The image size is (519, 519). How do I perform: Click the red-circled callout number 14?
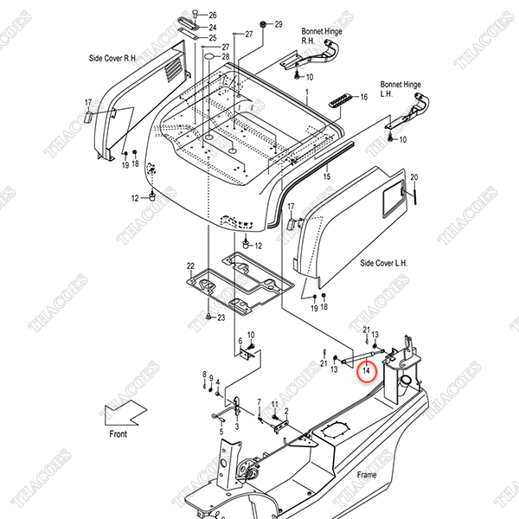366,371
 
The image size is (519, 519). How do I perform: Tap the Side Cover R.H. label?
112,58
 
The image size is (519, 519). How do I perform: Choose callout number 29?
279,24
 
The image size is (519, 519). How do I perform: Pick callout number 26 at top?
213,16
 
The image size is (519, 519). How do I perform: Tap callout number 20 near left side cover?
413,177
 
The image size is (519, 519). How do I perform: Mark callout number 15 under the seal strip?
326,176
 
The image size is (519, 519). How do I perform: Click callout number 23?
221,317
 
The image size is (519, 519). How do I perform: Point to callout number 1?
305,90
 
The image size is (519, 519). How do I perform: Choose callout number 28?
225,57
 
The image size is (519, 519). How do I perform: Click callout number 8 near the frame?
204,374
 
